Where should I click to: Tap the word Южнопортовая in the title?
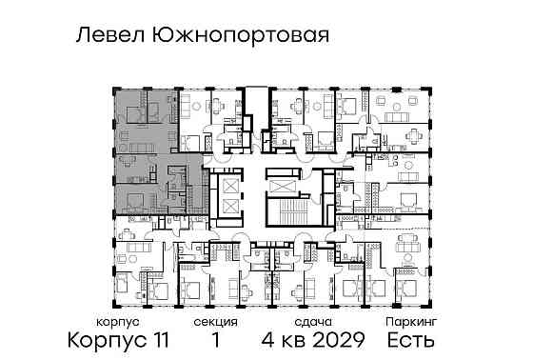(x=238, y=36)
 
